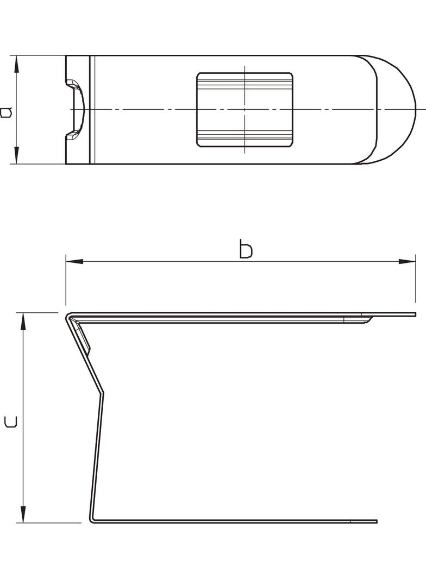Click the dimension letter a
coord(6,112)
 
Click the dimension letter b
coord(246,250)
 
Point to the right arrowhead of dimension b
coord(407,261)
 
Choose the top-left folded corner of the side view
coord(68,315)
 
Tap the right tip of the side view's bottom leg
coord(375,521)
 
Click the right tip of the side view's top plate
coord(415,314)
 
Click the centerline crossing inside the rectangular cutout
coord(245,109)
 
